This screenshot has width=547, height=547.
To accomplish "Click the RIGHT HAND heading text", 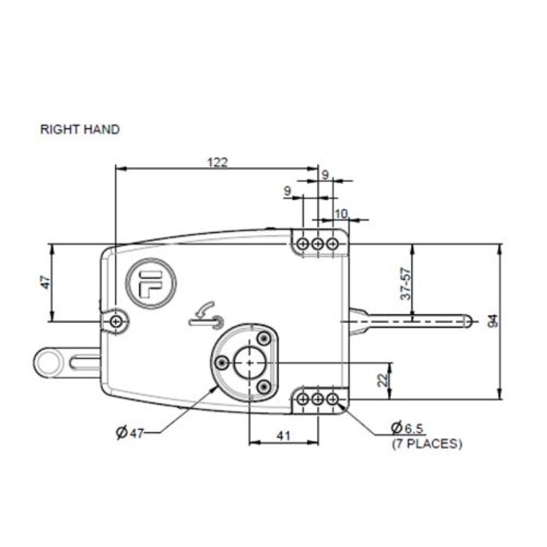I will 80,130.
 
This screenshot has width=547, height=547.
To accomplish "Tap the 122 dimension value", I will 217,162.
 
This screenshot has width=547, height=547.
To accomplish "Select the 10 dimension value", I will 341,213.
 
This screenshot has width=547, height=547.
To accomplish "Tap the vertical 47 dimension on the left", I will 45,282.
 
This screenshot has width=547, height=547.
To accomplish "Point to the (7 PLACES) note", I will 427,443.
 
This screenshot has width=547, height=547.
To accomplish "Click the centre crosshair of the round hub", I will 248,362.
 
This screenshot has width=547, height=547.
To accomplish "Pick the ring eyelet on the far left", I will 51,362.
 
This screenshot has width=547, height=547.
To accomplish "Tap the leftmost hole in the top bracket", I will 303,245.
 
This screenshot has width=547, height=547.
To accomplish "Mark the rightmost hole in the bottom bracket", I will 333,399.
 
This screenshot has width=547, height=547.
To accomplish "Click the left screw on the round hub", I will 223,361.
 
